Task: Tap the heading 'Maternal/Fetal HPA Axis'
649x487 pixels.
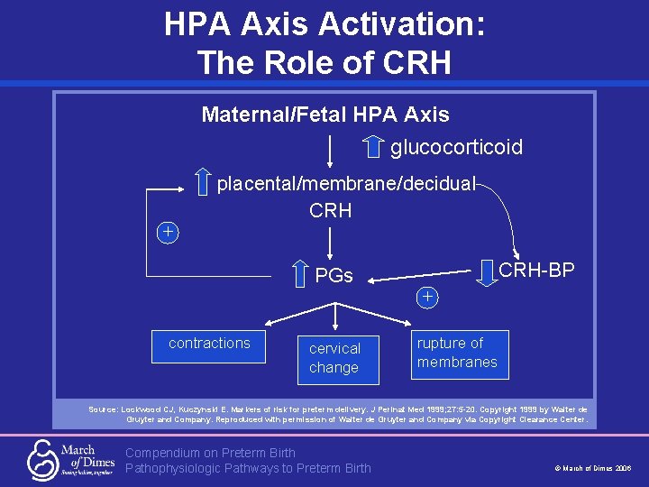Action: coord(324,115)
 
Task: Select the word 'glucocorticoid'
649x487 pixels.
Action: coord(456,147)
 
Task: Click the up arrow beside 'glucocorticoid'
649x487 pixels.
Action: coord(374,144)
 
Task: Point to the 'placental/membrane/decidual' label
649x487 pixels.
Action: coord(347,184)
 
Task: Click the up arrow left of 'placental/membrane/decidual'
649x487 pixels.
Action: coord(204,181)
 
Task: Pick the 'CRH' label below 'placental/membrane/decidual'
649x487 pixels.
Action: coord(330,211)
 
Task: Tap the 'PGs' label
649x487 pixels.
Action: coord(334,275)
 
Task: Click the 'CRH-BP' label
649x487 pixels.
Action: coord(536,270)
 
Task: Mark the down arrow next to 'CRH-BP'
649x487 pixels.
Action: coord(487,269)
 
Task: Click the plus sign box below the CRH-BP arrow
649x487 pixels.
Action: coord(427,297)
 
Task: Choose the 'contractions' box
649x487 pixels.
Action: coord(209,344)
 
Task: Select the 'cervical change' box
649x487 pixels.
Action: coord(334,358)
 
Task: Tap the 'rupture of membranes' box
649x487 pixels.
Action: coord(457,353)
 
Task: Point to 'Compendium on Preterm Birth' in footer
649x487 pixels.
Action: coord(210,452)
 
